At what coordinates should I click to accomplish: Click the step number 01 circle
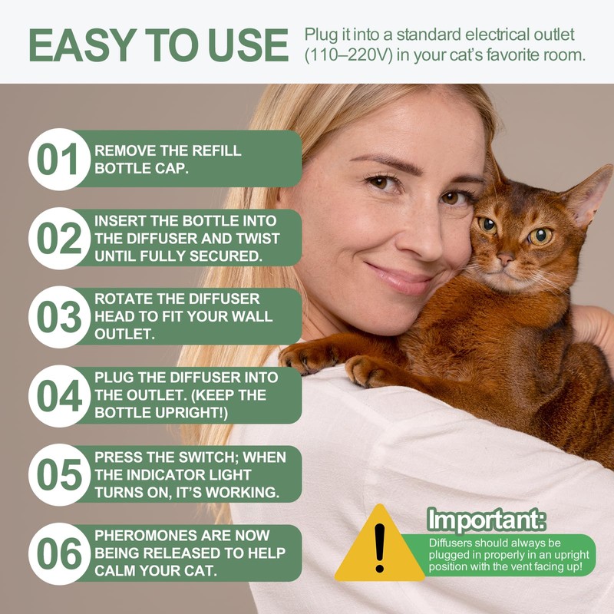(x=58, y=159)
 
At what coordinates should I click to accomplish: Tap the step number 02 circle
(x=58, y=238)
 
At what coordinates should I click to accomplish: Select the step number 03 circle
(x=58, y=317)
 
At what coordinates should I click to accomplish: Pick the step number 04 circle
(x=58, y=396)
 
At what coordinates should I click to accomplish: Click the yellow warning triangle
(x=378, y=546)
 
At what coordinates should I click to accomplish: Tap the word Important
(x=487, y=520)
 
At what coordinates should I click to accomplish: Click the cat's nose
(x=504, y=260)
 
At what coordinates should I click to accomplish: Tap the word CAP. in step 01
(x=170, y=168)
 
